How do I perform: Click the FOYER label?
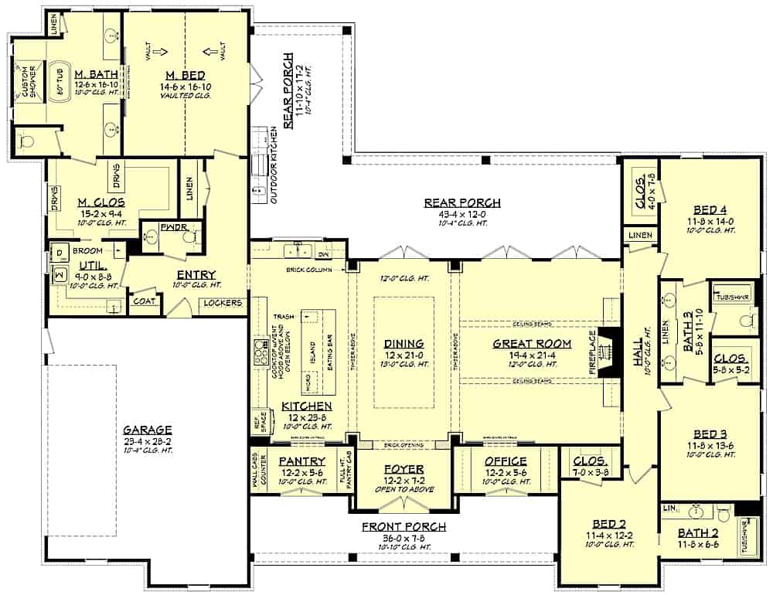tap(404, 469)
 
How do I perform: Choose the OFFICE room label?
tap(506, 461)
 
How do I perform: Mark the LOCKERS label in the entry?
tap(223, 303)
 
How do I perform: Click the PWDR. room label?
tap(169, 229)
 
